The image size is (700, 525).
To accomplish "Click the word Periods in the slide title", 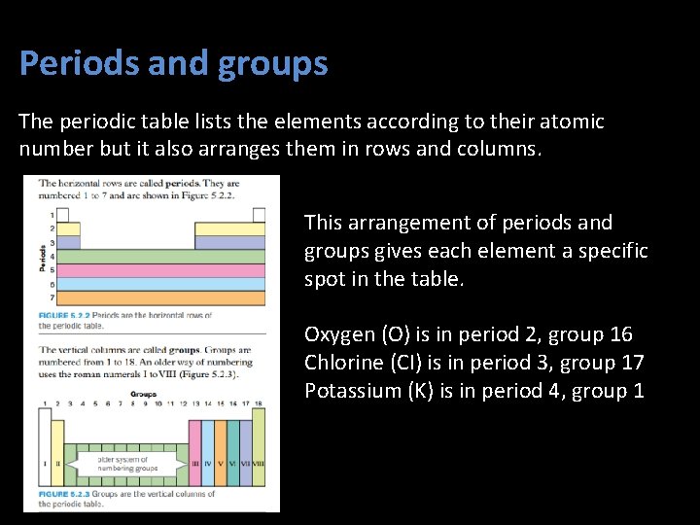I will [79, 64].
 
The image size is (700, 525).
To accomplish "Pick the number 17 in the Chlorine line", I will [633, 364].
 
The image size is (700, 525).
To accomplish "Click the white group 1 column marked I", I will [44, 452].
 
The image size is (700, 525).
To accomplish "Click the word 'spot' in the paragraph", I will [323, 279].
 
